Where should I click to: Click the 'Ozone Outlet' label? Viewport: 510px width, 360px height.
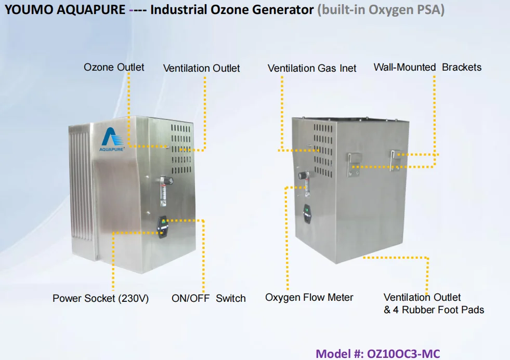[114, 67]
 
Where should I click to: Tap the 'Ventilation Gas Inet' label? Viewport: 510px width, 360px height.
[312, 68]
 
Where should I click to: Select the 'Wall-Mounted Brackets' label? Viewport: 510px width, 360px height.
[427, 67]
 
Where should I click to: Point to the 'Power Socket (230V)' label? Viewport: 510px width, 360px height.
[100, 299]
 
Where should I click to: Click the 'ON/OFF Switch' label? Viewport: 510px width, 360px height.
[208, 298]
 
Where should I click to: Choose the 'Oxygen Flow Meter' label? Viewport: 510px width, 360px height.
[309, 298]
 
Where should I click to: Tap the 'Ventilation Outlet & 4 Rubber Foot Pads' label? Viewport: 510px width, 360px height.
[434, 304]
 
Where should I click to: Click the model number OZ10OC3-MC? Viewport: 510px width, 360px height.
[378, 354]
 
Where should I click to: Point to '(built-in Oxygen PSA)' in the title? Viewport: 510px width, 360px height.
[381, 10]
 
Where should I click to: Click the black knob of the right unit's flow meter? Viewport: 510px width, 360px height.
[302, 176]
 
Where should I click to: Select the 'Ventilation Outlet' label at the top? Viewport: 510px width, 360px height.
[201, 68]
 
